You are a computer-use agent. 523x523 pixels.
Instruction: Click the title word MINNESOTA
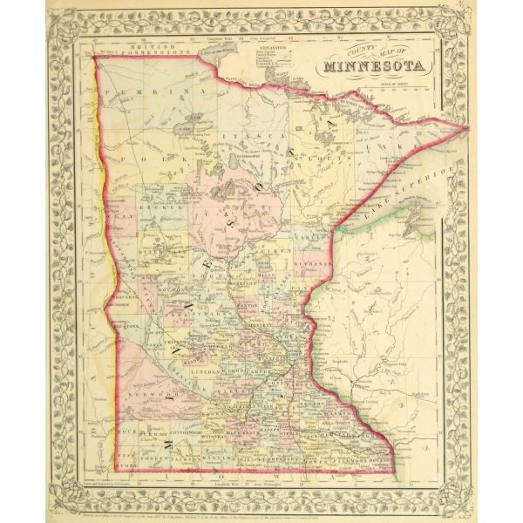tap(374, 66)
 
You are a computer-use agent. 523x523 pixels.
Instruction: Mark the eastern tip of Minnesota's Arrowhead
tap(469, 129)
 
